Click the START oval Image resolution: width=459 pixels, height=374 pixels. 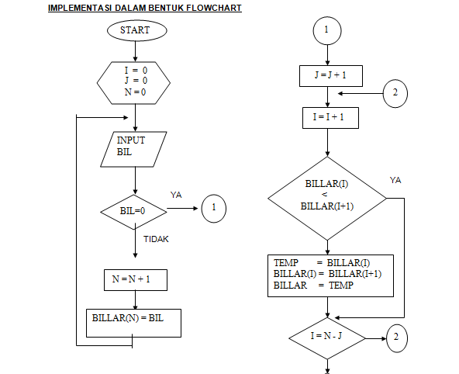135,30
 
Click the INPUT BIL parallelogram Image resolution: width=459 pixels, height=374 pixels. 135,147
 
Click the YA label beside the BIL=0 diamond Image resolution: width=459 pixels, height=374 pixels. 176,195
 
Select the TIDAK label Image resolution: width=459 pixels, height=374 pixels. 156,239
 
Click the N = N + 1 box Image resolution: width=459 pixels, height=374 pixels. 135,279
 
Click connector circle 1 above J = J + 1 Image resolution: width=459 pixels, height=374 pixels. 326,30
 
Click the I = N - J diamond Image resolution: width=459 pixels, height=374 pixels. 326,337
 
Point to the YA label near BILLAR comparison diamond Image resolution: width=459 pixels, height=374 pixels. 395,180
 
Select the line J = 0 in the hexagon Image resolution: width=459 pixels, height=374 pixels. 135,80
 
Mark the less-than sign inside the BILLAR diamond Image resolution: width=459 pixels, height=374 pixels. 325,194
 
